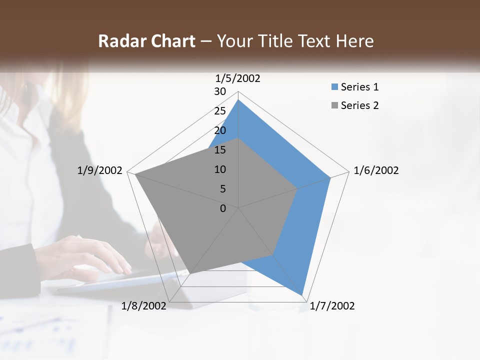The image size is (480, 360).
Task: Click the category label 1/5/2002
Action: (237, 78)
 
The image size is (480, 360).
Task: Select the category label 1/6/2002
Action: (376, 170)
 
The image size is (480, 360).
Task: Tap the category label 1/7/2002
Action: (332, 306)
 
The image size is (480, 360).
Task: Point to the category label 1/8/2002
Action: (144, 306)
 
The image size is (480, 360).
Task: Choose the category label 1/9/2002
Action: (99, 170)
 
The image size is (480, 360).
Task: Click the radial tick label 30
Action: (220, 91)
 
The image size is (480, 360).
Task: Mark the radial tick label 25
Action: (220, 111)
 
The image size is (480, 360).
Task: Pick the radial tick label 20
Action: (220, 130)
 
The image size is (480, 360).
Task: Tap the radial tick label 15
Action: (220, 150)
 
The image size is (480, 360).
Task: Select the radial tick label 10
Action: (220, 169)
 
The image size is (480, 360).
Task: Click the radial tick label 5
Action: (222, 189)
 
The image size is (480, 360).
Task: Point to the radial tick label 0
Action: (223, 208)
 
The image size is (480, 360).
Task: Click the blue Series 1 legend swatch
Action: (334, 87)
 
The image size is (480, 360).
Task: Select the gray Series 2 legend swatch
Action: (334, 105)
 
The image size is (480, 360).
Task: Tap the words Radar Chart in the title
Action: (146, 41)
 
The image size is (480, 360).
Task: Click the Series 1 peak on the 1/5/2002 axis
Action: (238, 99)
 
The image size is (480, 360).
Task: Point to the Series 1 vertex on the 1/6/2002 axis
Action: (330, 177)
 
